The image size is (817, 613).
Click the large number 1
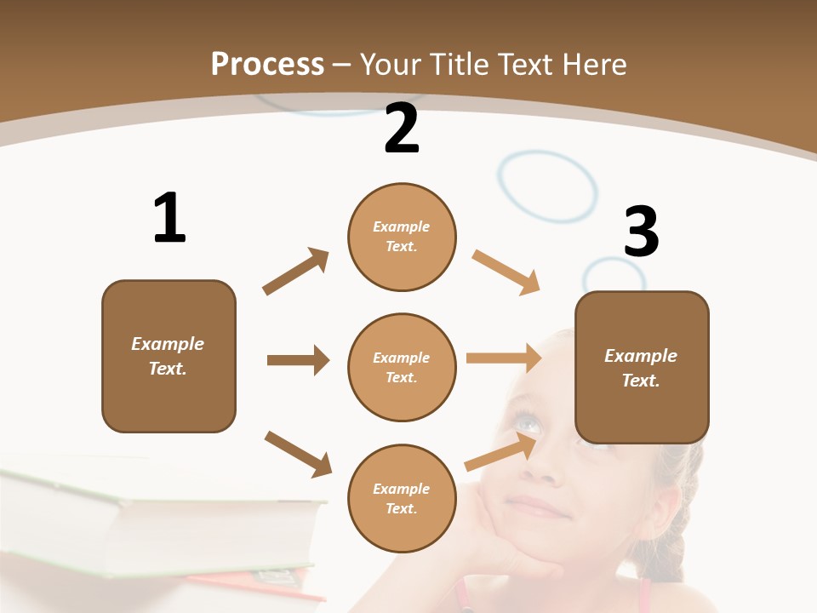coord(169,218)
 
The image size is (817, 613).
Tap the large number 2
coord(402,129)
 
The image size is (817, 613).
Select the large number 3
coord(641,232)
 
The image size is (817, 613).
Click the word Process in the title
coord(267,64)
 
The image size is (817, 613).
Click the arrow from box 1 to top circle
coord(296,272)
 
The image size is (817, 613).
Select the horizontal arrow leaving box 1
coord(298,360)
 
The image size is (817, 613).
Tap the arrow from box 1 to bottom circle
coord(299,453)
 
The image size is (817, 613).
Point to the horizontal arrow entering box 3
coord(504,358)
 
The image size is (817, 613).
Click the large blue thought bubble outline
coord(547,187)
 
